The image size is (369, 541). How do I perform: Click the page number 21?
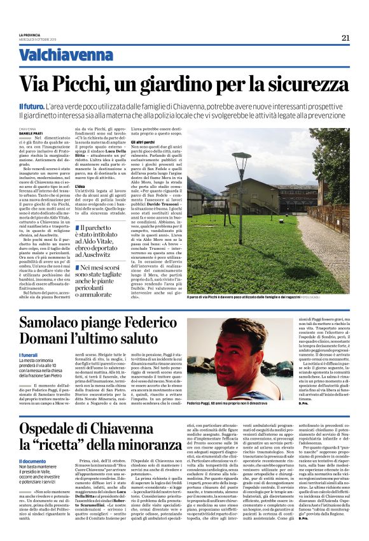[x=345, y=38]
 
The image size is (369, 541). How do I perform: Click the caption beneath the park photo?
[x=267, y=298]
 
